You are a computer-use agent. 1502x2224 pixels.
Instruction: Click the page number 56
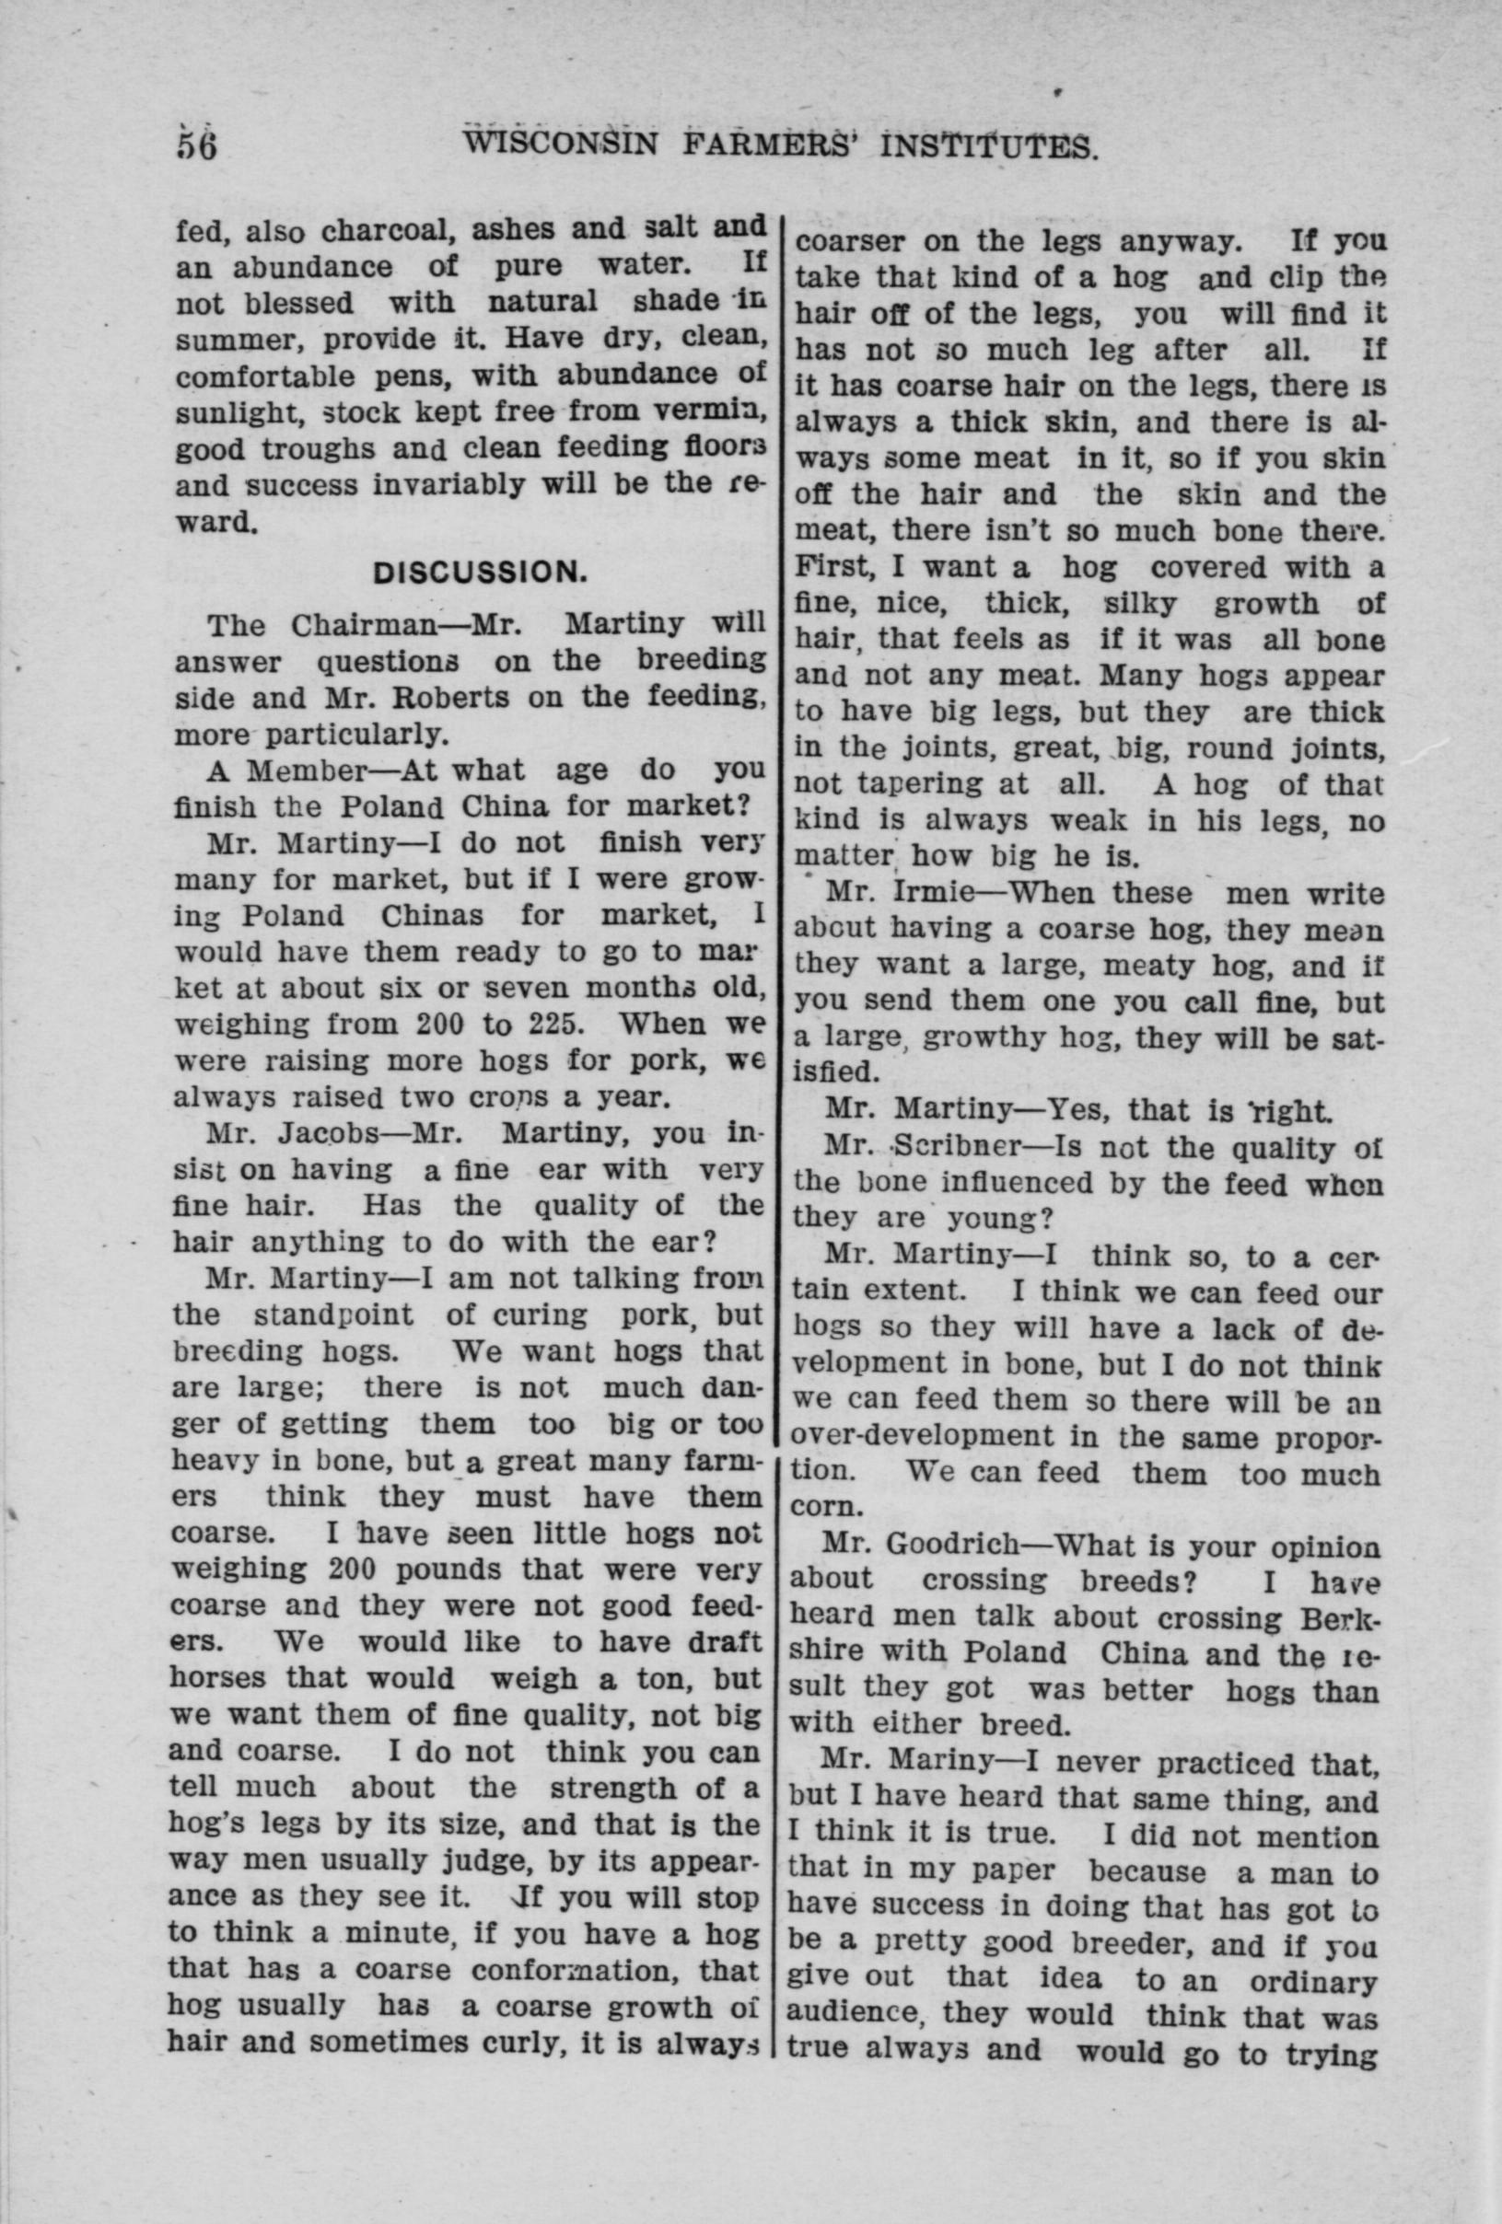coord(198,145)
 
